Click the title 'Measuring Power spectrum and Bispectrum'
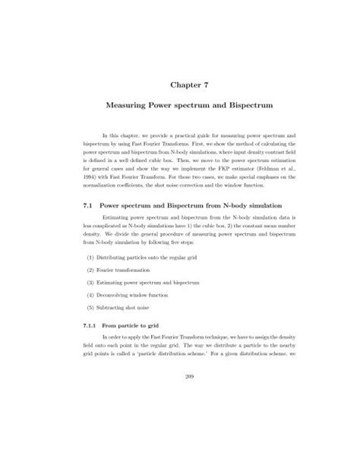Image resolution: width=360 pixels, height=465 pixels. coord(179,111)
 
